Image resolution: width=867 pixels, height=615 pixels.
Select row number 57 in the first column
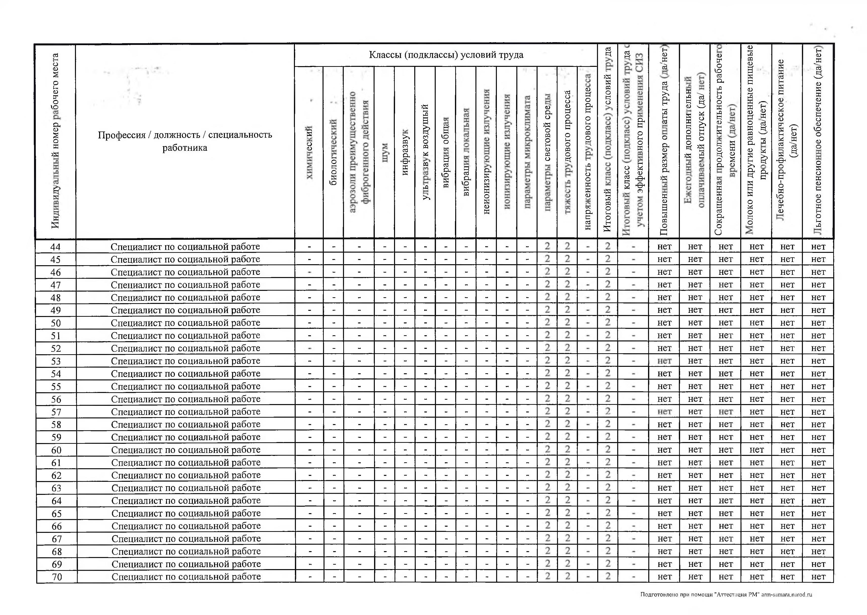56,412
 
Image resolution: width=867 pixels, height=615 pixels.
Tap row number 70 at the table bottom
57,577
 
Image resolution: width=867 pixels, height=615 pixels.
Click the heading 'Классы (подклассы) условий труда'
446,55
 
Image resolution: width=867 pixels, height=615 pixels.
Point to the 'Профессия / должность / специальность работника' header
185,141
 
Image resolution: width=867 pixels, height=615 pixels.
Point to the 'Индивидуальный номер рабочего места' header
55,141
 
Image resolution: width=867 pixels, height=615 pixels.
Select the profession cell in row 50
185,323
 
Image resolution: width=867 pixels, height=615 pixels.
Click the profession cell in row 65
186,513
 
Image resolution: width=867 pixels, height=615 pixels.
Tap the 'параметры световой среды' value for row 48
547,297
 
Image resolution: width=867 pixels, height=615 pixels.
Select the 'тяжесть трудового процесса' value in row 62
567,475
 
